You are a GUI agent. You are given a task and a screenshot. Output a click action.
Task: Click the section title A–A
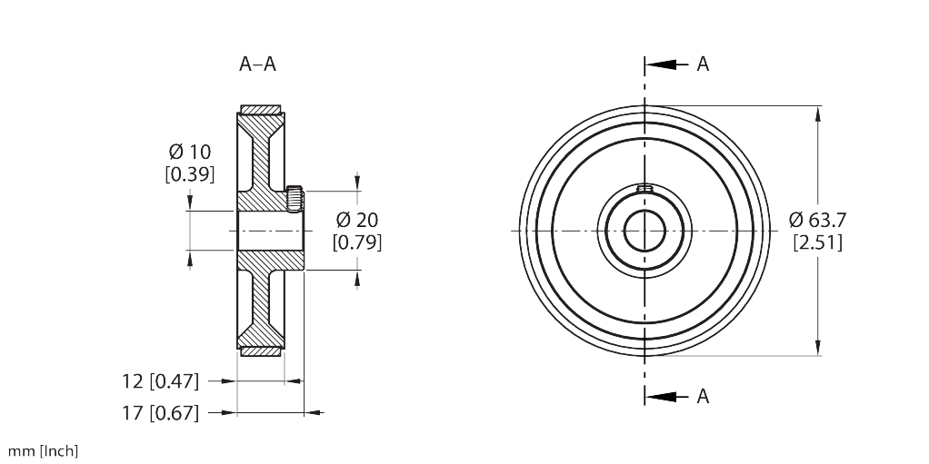pyautogui.click(x=257, y=64)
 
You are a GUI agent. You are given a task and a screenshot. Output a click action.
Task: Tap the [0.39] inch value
pyautogui.click(x=190, y=174)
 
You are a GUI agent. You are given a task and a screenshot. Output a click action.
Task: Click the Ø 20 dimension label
pyautogui.click(x=356, y=219)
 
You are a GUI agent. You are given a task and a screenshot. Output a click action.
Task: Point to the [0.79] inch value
pyautogui.click(x=356, y=242)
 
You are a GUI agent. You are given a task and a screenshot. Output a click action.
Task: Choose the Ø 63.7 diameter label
pyautogui.click(x=818, y=219)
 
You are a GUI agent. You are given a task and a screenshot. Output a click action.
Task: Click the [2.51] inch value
pyautogui.click(x=818, y=242)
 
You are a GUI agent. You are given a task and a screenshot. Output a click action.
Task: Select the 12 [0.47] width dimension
pyautogui.click(x=160, y=380)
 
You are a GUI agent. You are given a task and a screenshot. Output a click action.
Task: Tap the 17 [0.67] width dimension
pyautogui.click(x=160, y=413)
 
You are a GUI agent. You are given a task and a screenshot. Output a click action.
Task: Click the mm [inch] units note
pyautogui.click(x=43, y=450)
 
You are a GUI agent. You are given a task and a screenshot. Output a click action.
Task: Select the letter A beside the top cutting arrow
pyautogui.click(x=703, y=64)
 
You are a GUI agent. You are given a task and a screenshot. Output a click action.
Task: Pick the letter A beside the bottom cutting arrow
pyautogui.click(x=703, y=396)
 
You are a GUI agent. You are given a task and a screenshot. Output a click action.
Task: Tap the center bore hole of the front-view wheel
pyautogui.click(x=644, y=231)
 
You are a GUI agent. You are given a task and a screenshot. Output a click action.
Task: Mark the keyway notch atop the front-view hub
pyautogui.click(x=644, y=189)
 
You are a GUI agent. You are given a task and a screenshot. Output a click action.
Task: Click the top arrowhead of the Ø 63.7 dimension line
pyautogui.click(x=819, y=114)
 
